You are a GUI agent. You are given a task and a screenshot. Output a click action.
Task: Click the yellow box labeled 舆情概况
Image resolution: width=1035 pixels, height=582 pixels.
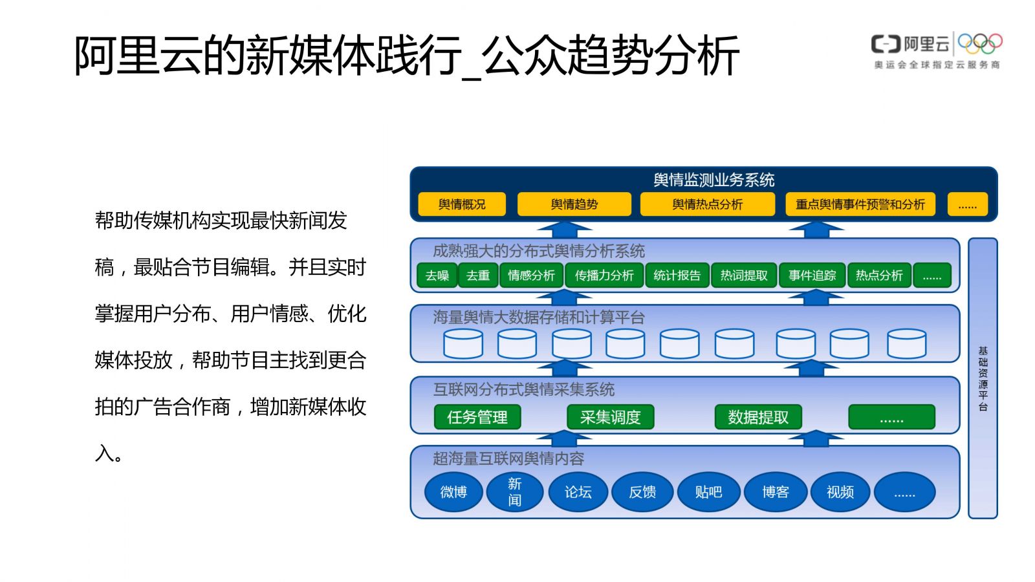(x=462, y=204)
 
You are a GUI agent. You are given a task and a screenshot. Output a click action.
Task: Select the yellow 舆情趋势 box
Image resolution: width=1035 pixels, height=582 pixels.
(x=574, y=204)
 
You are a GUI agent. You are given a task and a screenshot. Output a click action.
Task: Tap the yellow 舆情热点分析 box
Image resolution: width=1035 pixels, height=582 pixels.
(x=708, y=204)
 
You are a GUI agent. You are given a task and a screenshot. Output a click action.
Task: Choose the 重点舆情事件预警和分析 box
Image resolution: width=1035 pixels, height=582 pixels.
(x=860, y=204)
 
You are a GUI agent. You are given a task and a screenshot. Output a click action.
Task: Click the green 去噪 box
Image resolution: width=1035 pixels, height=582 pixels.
(x=437, y=275)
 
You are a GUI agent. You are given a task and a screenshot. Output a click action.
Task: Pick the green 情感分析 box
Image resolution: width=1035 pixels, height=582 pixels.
(x=531, y=275)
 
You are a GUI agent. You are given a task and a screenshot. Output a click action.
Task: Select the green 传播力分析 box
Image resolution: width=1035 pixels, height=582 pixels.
(x=604, y=275)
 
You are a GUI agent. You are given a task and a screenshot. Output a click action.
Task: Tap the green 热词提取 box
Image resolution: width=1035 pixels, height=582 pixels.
(x=744, y=275)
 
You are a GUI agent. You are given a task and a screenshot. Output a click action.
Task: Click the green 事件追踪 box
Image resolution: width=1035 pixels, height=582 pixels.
(x=812, y=275)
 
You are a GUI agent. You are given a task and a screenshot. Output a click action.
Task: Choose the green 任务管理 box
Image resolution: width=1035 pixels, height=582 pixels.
(x=477, y=417)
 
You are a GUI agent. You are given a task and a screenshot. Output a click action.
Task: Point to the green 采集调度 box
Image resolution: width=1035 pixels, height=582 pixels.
(x=611, y=417)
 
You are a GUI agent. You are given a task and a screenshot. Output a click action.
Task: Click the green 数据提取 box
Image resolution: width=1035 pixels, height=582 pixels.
(x=758, y=417)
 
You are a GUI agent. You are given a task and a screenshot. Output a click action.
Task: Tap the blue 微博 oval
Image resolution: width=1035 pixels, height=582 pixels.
(x=453, y=492)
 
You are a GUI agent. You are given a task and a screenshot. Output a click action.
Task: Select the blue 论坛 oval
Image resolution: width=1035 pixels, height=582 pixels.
(x=578, y=492)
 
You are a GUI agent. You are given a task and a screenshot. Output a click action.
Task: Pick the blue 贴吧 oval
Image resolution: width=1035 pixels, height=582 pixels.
(x=708, y=492)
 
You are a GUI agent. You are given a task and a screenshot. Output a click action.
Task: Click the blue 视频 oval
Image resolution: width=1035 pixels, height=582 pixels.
(x=840, y=492)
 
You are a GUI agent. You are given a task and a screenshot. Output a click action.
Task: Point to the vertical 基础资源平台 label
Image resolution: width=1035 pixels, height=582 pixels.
(x=983, y=378)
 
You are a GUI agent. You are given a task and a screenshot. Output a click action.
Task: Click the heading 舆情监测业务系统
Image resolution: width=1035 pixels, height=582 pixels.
(x=714, y=180)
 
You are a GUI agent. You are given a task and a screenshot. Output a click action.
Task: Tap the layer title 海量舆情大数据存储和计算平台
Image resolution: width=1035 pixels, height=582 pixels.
(x=539, y=318)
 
